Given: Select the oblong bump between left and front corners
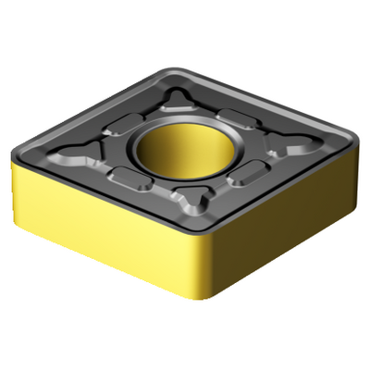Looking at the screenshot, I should [x=130, y=179].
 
